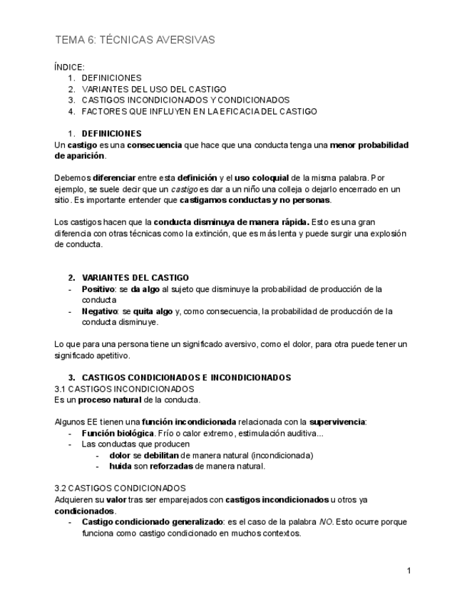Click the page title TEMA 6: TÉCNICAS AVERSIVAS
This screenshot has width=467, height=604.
point(135,40)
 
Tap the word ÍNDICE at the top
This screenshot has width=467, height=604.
point(69,67)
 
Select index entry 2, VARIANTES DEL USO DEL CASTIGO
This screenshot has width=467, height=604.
point(154,89)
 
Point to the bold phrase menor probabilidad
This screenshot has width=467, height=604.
point(369,145)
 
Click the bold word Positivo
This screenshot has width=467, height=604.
point(98,289)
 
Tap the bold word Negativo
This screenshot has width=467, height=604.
point(100,311)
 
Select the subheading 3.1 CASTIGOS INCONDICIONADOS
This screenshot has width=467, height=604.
point(124,389)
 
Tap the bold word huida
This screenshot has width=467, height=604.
point(120,467)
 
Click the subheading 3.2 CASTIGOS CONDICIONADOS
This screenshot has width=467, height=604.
point(120,489)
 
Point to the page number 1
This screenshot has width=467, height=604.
point(409,571)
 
